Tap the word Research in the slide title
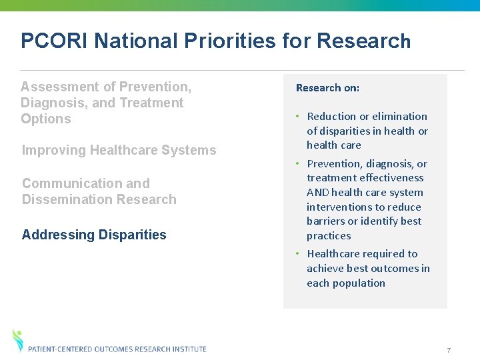363,41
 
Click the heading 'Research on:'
327,88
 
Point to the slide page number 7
449,350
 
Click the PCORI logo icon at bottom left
18,340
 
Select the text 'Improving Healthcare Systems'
119,150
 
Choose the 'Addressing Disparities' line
94,235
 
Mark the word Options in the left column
45,119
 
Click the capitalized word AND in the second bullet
317,193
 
